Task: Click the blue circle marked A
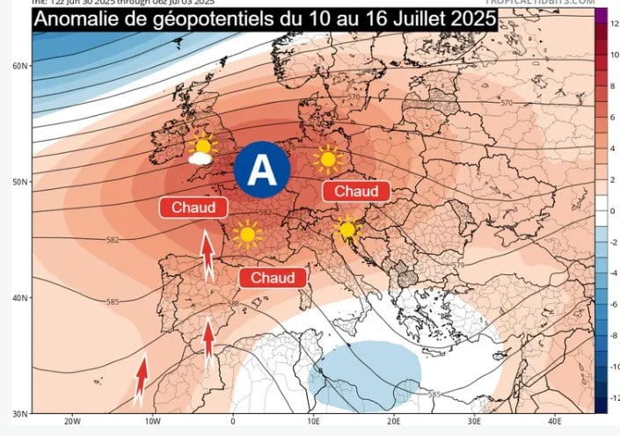pyautogui.click(x=261, y=170)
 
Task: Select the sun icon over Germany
pyautogui.click(x=327, y=159)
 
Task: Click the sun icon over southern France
pyautogui.click(x=247, y=233)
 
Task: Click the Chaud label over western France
pyautogui.click(x=193, y=207)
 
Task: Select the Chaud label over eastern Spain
pyautogui.click(x=273, y=277)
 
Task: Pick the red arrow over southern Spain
pyautogui.click(x=208, y=343)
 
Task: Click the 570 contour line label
pyautogui.click(x=506, y=104)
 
